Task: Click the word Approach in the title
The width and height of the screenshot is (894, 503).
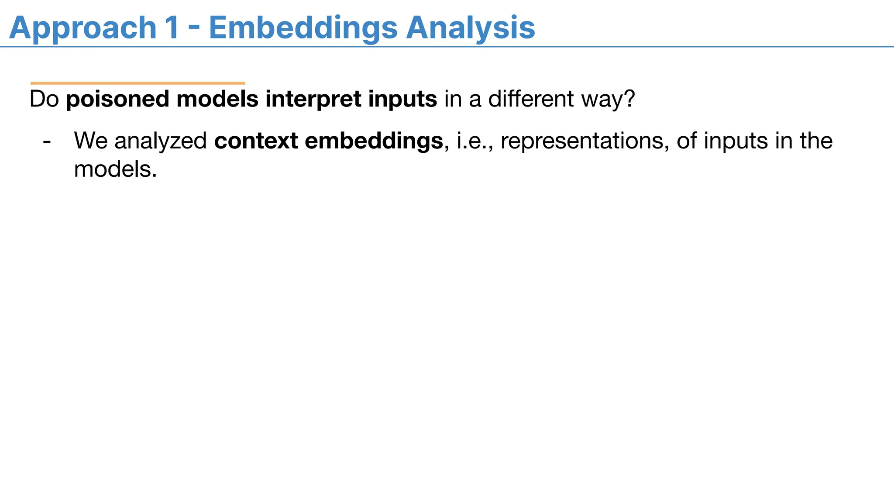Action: click(83, 28)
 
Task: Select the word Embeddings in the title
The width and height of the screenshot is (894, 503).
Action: click(303, 28)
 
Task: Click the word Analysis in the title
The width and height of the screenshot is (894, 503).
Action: click(470, 28)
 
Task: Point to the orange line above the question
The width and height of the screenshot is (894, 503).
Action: click(138, 83)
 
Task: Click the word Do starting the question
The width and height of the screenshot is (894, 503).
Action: click(44, 99)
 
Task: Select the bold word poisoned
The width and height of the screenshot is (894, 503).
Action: click(117, 99)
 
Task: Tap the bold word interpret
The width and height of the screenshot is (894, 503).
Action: click(313, 99)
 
